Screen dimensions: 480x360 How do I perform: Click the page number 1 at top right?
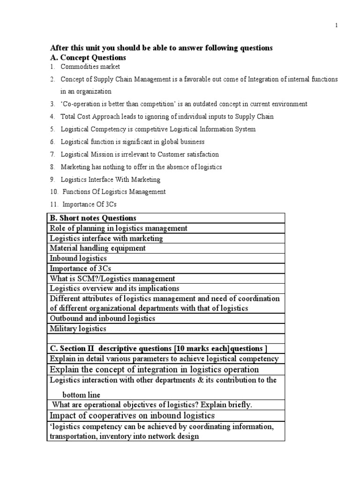[336, 26]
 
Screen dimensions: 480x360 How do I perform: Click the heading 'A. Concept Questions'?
[88, 58]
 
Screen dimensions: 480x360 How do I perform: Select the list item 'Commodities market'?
[90, 67]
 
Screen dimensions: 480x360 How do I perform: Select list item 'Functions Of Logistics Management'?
[113, 192]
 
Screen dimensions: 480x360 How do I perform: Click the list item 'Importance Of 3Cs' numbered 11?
[89, 204]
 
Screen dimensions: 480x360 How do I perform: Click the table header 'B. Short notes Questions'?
[93, 218]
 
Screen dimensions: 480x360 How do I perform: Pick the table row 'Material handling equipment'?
[97, 248]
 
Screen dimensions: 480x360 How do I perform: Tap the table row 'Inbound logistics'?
[78, 258]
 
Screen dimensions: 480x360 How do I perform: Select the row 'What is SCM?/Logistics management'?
[112, 278]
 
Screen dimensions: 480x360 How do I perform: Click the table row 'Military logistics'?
[78, 329]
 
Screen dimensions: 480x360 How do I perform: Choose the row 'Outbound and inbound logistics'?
[102, 318]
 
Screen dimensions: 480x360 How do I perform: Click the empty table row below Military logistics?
[166, 338]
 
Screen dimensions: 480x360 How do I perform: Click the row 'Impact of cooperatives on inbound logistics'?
[132, 415]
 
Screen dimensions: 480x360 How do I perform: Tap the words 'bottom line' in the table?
[81, 395]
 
